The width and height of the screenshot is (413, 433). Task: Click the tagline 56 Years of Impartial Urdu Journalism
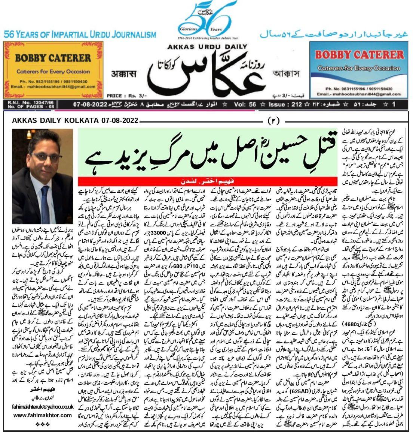coord(80,35)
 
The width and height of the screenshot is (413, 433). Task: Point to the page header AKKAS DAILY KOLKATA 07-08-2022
coord(75,121)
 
